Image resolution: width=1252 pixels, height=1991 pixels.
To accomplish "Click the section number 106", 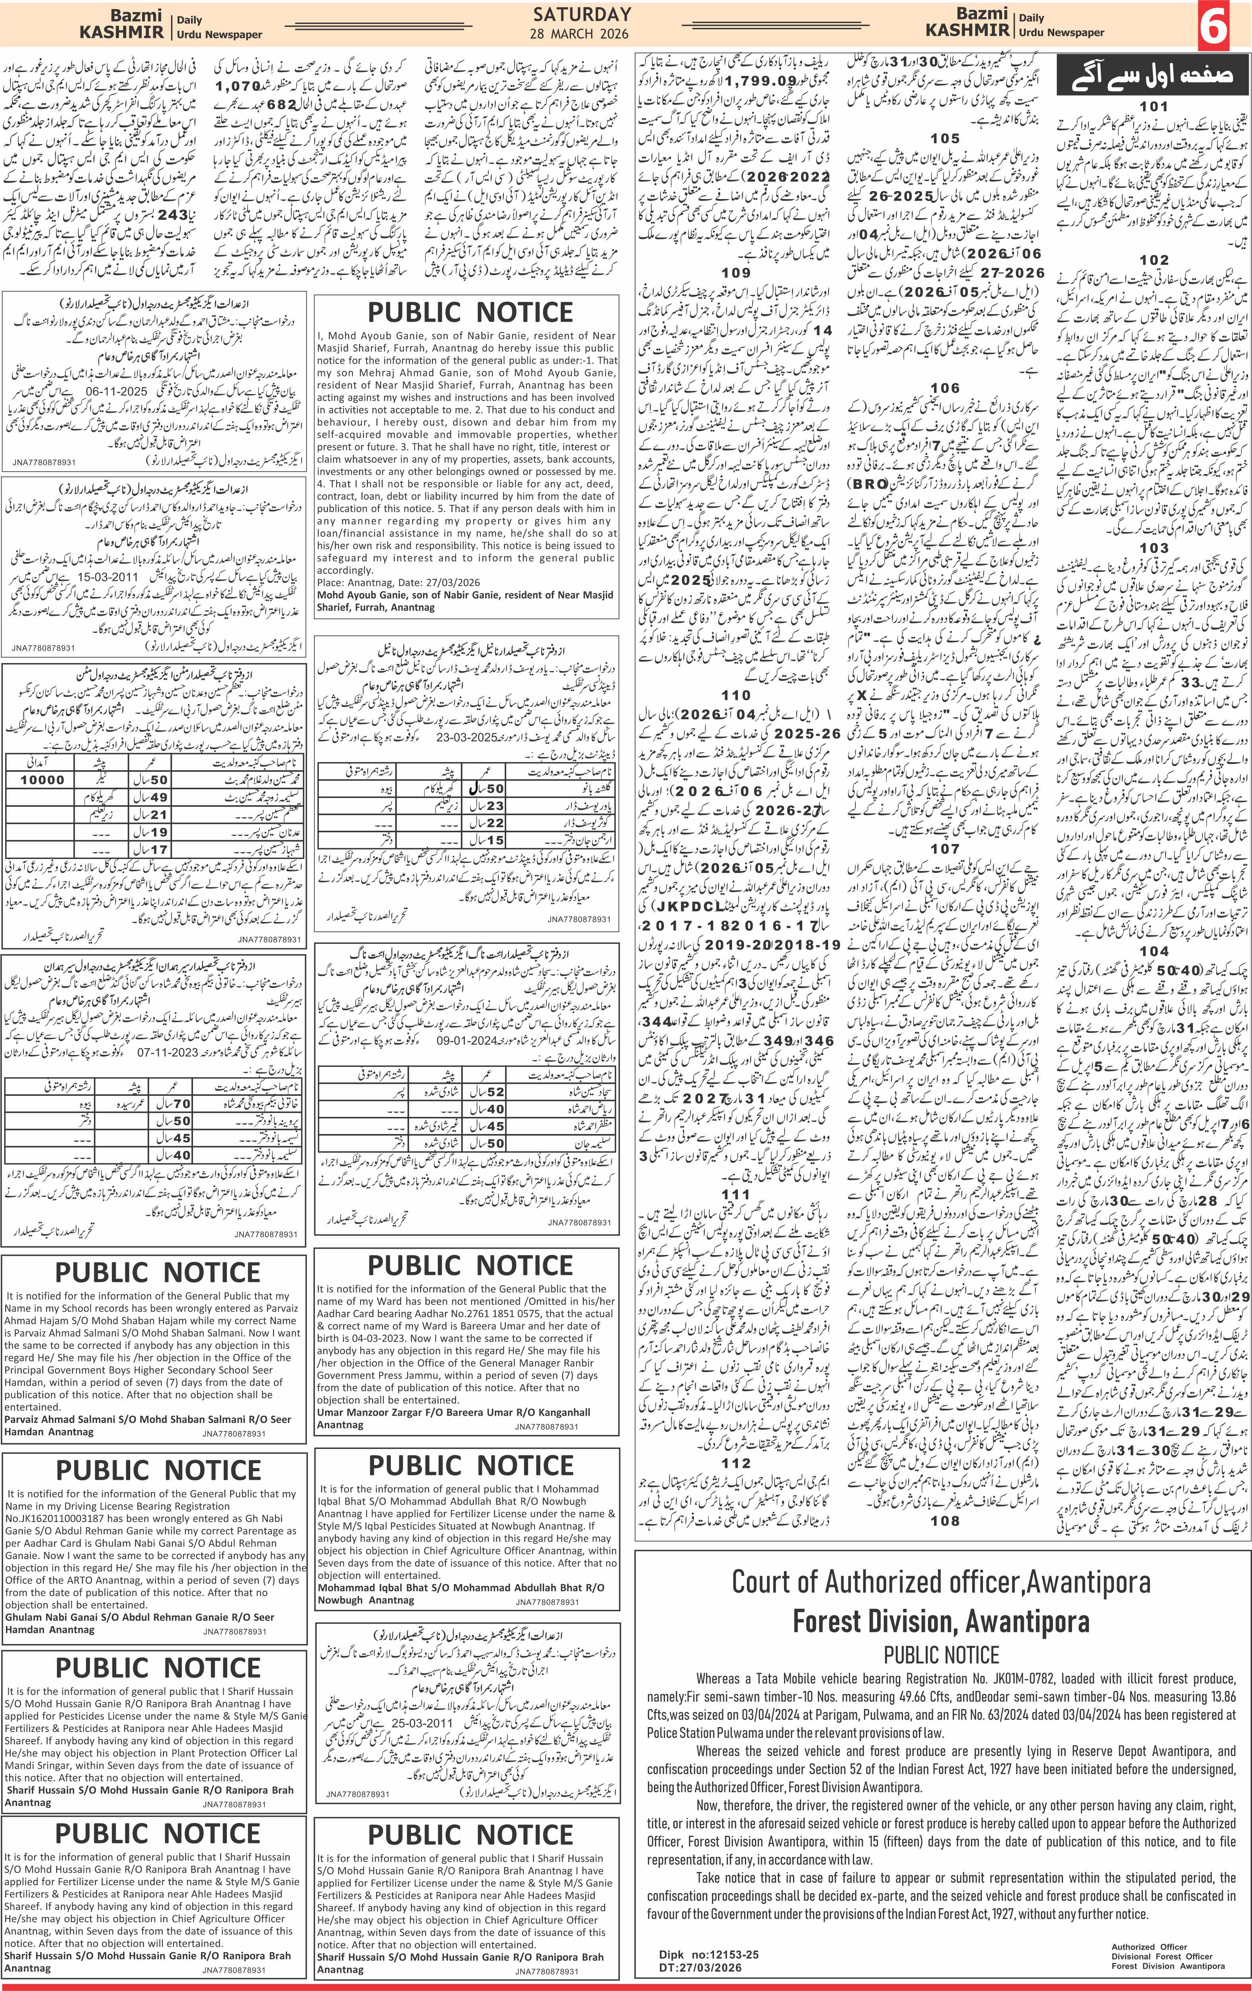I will (945, 388).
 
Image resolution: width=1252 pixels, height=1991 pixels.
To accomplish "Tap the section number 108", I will (945, 1520).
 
